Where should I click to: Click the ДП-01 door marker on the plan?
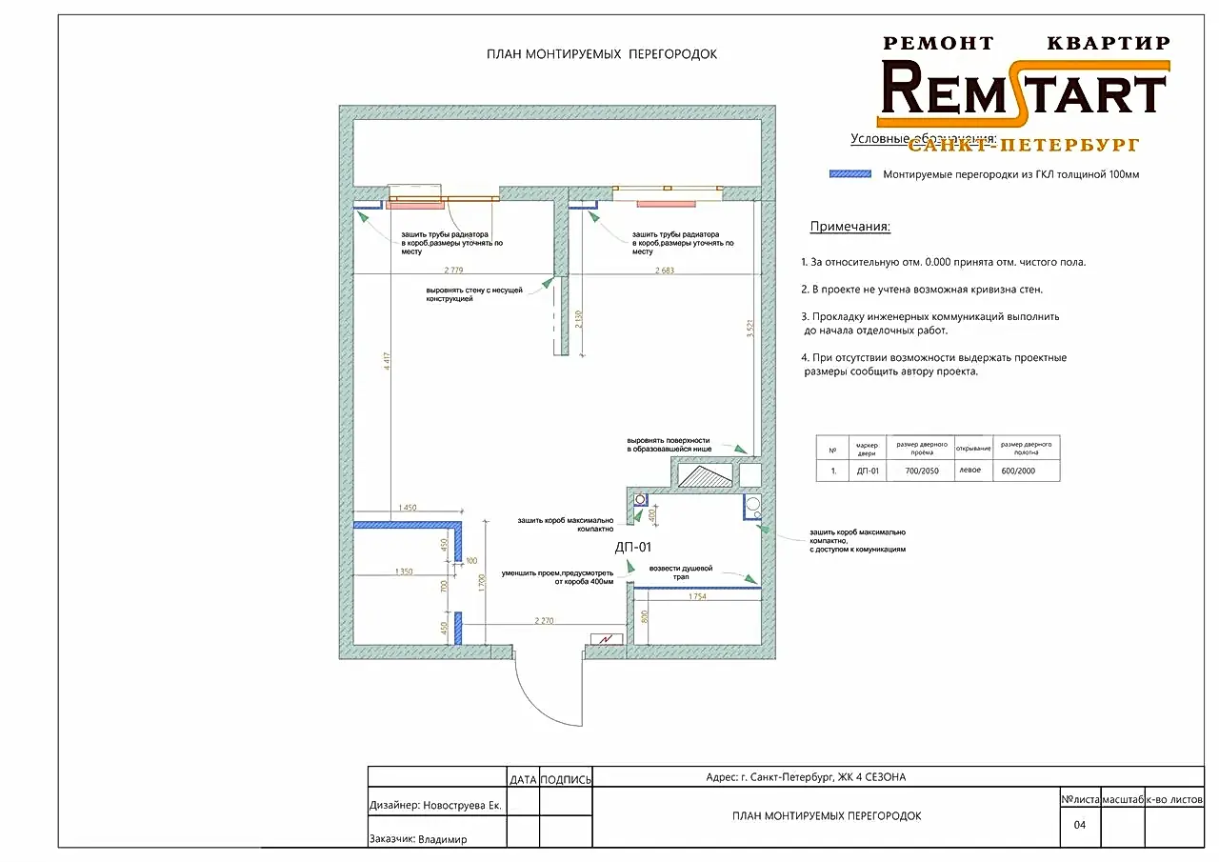point(633,547)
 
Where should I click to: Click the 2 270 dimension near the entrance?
point(544,621)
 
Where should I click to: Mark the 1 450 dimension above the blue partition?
point(408,507)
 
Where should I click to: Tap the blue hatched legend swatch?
point(850,174)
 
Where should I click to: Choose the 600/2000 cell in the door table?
point(1019,471)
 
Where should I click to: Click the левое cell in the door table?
point(971,471)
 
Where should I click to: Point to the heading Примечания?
point(849,227)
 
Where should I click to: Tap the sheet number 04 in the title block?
point(1080,825)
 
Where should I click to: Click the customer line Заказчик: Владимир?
point(424,840)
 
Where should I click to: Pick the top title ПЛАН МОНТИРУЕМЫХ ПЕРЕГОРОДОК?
point(601,54)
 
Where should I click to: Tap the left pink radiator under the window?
point(416,204)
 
